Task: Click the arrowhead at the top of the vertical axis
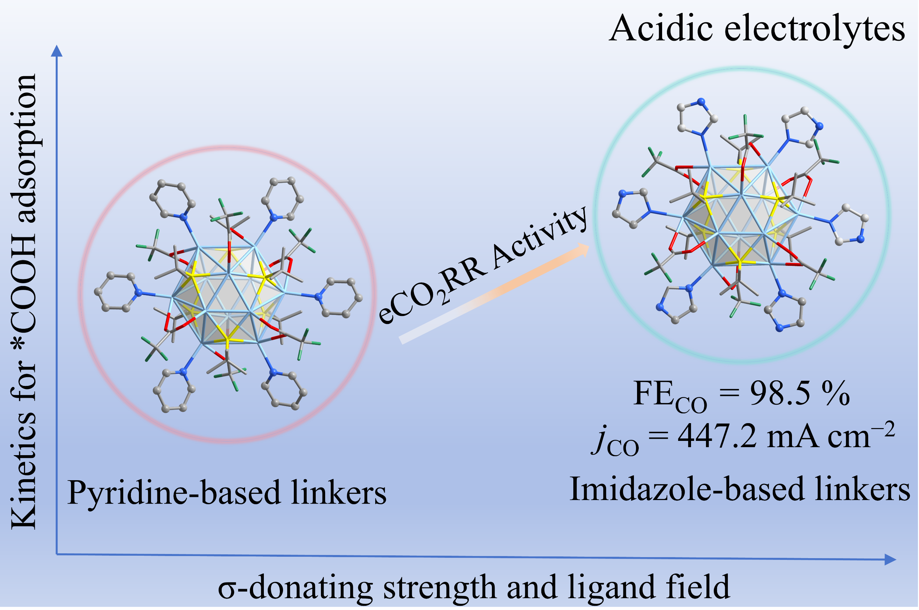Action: click(57, 51)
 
